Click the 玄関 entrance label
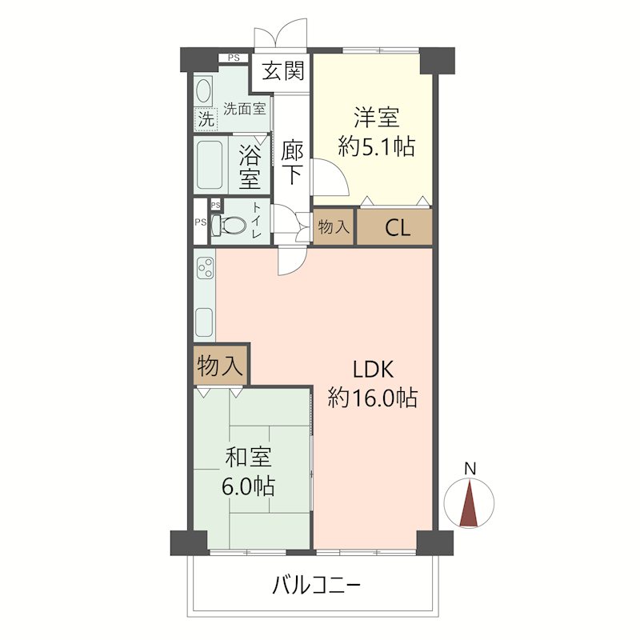283,70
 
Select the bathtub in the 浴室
210,165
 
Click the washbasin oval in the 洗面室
203,90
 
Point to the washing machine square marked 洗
206,119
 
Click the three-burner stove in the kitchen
205,268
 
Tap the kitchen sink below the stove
204,322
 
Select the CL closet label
398,229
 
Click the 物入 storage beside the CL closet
334,227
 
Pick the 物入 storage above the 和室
221,366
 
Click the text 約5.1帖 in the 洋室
376,146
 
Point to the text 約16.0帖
373,397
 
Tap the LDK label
373,370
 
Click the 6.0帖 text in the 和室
248,486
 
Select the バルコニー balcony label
317,586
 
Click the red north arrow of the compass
469,503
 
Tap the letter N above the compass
470,469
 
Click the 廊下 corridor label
292,162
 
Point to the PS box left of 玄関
234,58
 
